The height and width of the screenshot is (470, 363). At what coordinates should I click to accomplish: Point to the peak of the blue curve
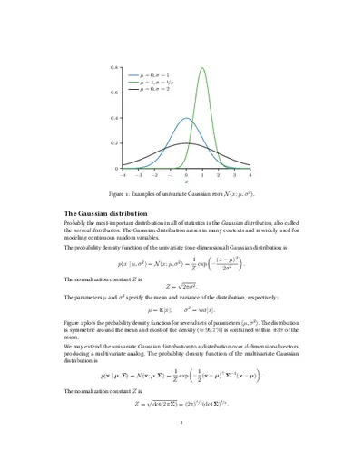[x=186, y=118]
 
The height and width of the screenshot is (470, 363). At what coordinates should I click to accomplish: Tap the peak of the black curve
[x=186, y=143]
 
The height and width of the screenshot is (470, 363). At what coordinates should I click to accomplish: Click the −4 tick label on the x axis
[x=123, y=174]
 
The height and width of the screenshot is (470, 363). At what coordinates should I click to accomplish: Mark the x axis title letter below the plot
[x=186, y=181]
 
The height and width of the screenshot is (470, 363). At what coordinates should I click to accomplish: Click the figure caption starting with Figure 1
[x=186, y=194]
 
